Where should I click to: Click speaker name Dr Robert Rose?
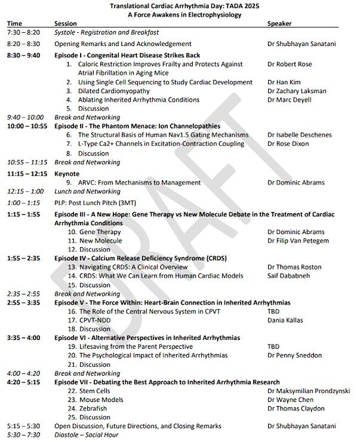click(290, 64)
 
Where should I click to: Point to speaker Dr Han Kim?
click(285, 82)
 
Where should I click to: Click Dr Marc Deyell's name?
click(290, 100)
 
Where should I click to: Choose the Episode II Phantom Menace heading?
click(137, 126)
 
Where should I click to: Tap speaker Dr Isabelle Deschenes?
click(299, 135)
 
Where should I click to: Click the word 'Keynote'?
click(67, 173)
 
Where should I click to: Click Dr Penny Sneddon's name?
click(294, 355)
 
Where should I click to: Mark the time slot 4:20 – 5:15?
click(23, 382)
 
